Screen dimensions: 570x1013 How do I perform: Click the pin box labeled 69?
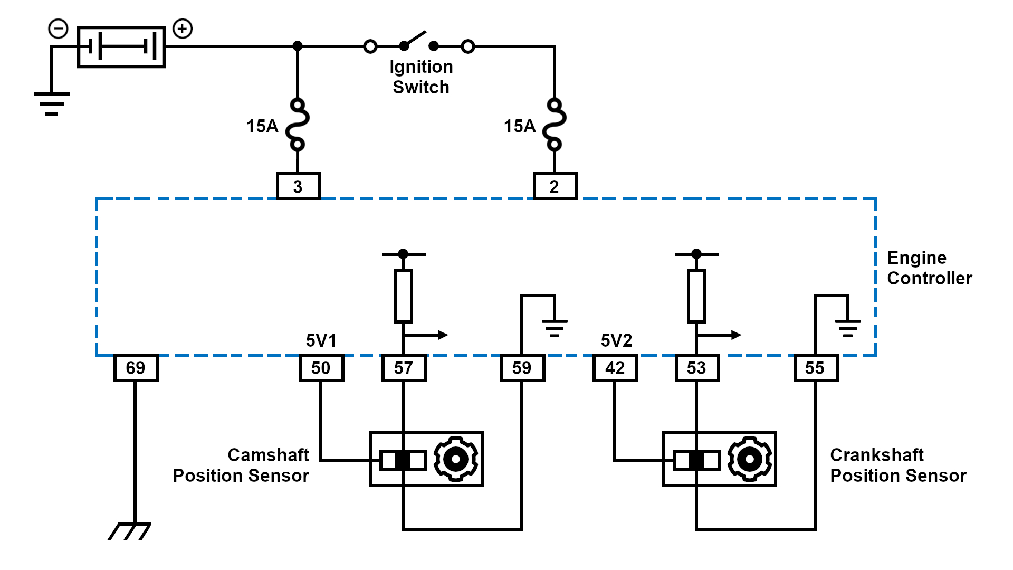click(x=136, y=368)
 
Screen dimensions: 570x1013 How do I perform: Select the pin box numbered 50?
click(x=321, y=368)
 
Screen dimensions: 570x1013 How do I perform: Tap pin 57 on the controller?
click(x=404, y=368)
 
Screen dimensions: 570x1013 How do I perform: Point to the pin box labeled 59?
click(x=522, y=368)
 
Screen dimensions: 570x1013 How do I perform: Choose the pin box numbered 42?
click(x=615, y=368)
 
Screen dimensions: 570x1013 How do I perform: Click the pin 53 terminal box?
click(x=696, y=368)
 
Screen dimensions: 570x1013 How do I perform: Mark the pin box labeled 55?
click(x=815, y=368)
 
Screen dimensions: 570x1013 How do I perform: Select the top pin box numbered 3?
click(x=298, y=186)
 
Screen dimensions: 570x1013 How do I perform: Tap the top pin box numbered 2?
click(x=555, y=186)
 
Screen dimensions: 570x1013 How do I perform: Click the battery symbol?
click(x=121, y=47)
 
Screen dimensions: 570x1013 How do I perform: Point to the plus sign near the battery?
click(x=183, y=28)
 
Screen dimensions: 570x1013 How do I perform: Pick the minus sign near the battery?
click(x=58, y=28)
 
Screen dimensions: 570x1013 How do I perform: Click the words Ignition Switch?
click(x=421, y=77)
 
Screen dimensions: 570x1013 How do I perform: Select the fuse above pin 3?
click(x=298, y=125)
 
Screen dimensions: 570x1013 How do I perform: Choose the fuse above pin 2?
click(x=555, y=125)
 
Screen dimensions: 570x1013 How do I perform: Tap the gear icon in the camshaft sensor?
click(x=456, y=459)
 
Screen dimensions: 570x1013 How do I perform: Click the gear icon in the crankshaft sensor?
click(x=749, y=459)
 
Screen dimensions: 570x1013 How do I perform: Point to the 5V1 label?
click(x=321, y=340)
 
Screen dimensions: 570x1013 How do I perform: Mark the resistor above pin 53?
click(x=696, y=296)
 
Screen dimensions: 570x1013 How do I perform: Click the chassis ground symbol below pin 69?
click(x=130, y=531)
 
